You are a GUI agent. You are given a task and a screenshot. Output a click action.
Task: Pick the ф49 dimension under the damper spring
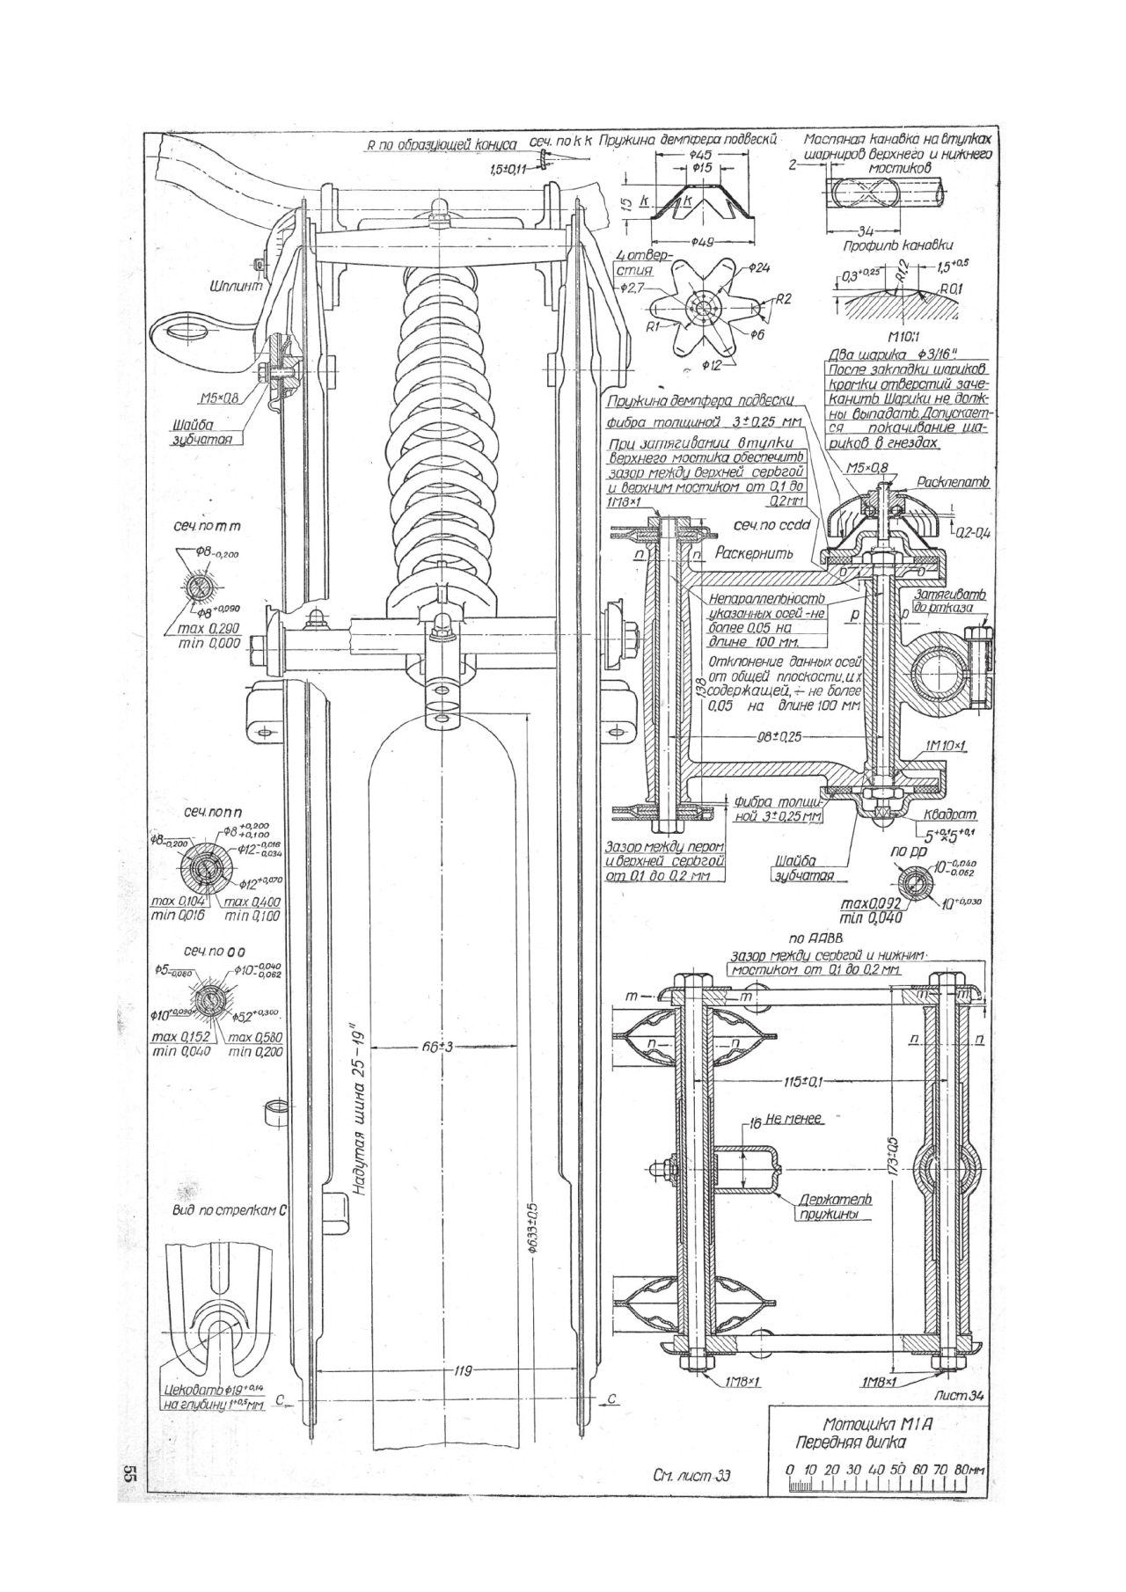tap(703, 243)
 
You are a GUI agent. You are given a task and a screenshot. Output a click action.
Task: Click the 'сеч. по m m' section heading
tap(208, 526)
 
